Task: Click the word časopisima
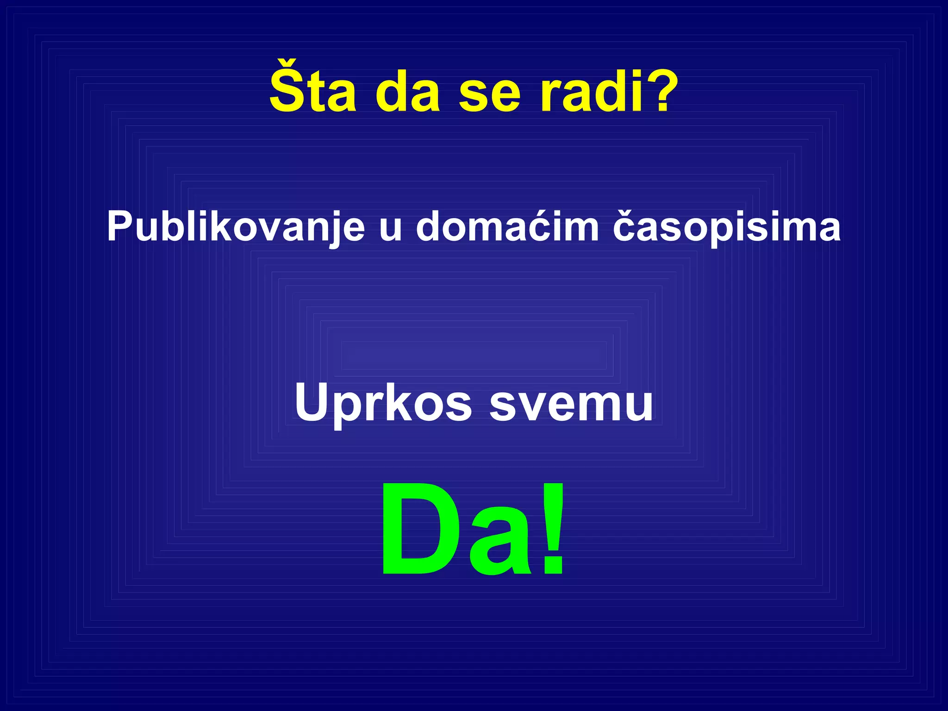(x=727, y=227)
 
